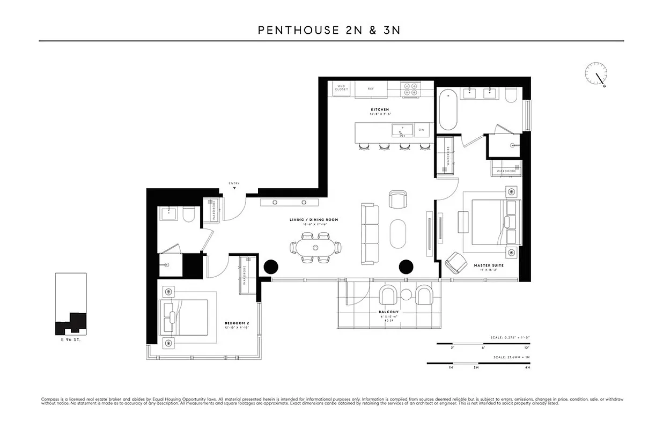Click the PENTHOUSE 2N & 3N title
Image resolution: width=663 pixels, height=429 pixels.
[x=329, y=30]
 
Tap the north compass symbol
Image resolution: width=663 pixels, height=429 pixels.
[x=596, y=73]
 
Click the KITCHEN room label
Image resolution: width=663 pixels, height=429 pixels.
[x=379, y=110]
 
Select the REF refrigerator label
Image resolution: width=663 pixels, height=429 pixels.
[x=371, y=88]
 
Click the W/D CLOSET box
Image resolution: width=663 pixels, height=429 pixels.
[x=342, y=88]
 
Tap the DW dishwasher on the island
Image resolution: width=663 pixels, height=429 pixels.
[x=422, y=129]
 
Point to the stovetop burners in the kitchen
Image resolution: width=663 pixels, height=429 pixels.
[x=410, y=89]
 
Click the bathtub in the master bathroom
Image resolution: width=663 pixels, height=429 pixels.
[x=448, y=110]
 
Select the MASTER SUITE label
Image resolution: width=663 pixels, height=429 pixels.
[x=488, y=265]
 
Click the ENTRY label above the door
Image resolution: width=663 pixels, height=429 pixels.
[x=234, y=183]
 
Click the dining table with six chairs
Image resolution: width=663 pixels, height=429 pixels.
[x=316, y=247]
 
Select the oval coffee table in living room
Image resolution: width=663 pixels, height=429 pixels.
[x=399, y=233]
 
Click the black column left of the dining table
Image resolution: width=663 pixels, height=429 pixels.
[x=271, y=267]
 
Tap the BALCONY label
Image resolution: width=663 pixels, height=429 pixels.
[x=389, y=312]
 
